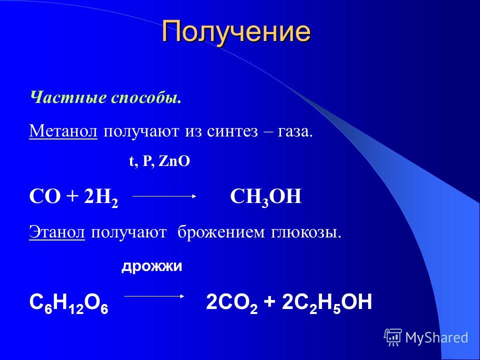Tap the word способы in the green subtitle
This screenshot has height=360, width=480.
[145, 98]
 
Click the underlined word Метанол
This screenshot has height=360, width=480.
[63, 131]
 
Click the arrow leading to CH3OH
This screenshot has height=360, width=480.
[164, 196]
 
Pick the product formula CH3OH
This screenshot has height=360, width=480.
[265, 197]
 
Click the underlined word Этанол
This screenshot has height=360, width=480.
[57, 232]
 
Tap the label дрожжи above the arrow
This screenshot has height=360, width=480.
[152, 266]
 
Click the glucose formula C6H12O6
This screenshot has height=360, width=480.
[69, 303]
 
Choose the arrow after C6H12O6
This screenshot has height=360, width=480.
[154, 296]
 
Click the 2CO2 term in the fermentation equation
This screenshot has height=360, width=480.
[231, 303]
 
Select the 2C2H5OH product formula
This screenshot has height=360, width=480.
[326, 303]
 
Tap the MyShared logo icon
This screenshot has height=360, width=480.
[393, 337]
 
